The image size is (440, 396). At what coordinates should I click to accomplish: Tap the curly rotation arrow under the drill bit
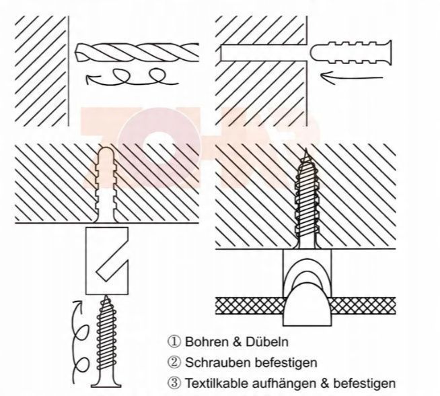pyautogui.click(x=128, y=78)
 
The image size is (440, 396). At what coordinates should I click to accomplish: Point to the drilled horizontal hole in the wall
pyautogui.click(x=262, y=52)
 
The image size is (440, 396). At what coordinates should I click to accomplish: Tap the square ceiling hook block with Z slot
pyautogui.click(x=108, y=259)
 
